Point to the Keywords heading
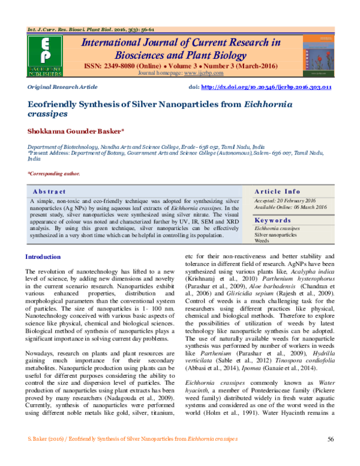point(274,220)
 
